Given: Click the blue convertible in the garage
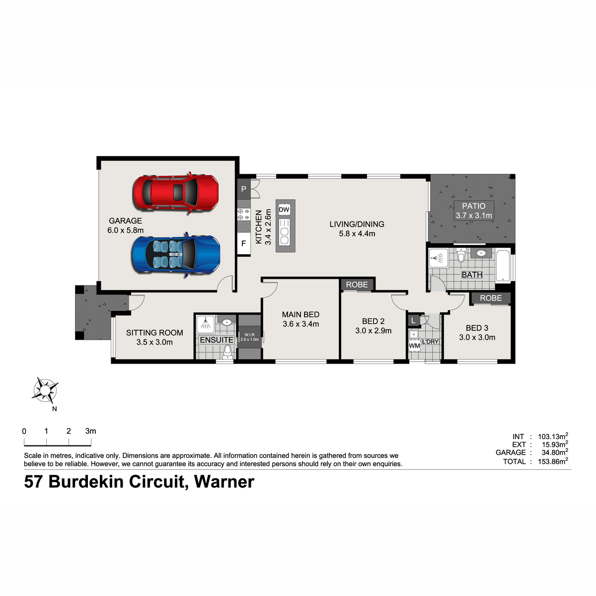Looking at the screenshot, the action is coord(176,255).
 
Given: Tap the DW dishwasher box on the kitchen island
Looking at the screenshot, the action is coord(284,210).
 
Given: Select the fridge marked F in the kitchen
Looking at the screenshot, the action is coord(243,243).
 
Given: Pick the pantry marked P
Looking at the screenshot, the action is coord(243,189).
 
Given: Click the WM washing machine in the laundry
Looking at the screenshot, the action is coord(414,346).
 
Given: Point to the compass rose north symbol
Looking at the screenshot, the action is coord(45,390).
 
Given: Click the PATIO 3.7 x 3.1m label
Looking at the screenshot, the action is coord(473,211).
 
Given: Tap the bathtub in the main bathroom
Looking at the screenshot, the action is coord(503,266).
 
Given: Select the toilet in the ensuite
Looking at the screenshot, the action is coord(227,351).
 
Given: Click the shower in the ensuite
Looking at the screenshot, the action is coord(205,324).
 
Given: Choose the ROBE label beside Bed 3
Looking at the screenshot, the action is coord(491,298).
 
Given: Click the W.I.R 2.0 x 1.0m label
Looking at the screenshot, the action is coord(250,337).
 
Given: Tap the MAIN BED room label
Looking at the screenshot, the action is coord(300,314).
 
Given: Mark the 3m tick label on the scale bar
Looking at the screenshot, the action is coord(90,431).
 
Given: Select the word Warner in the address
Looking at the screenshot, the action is coord(224,482).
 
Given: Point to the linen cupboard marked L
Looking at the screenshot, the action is coord(414,320).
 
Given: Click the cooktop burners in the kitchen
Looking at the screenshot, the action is coord(243,214).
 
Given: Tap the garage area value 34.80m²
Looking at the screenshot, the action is coord(555,452).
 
